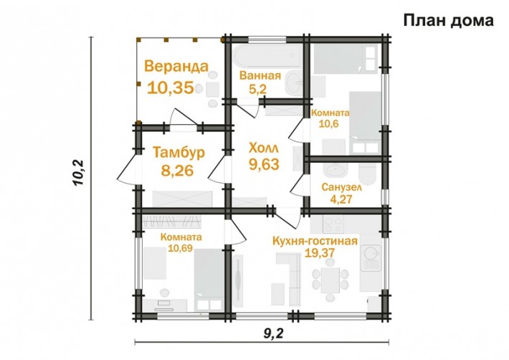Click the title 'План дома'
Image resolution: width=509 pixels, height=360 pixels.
point(448,20)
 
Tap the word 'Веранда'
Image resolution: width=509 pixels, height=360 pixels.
point(176,68)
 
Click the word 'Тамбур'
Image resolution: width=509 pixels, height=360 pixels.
point(179,152)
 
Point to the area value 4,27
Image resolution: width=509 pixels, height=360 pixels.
point(341,199)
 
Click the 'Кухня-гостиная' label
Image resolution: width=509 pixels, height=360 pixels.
point(315,241)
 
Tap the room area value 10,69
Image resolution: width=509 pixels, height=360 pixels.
point(181,249)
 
